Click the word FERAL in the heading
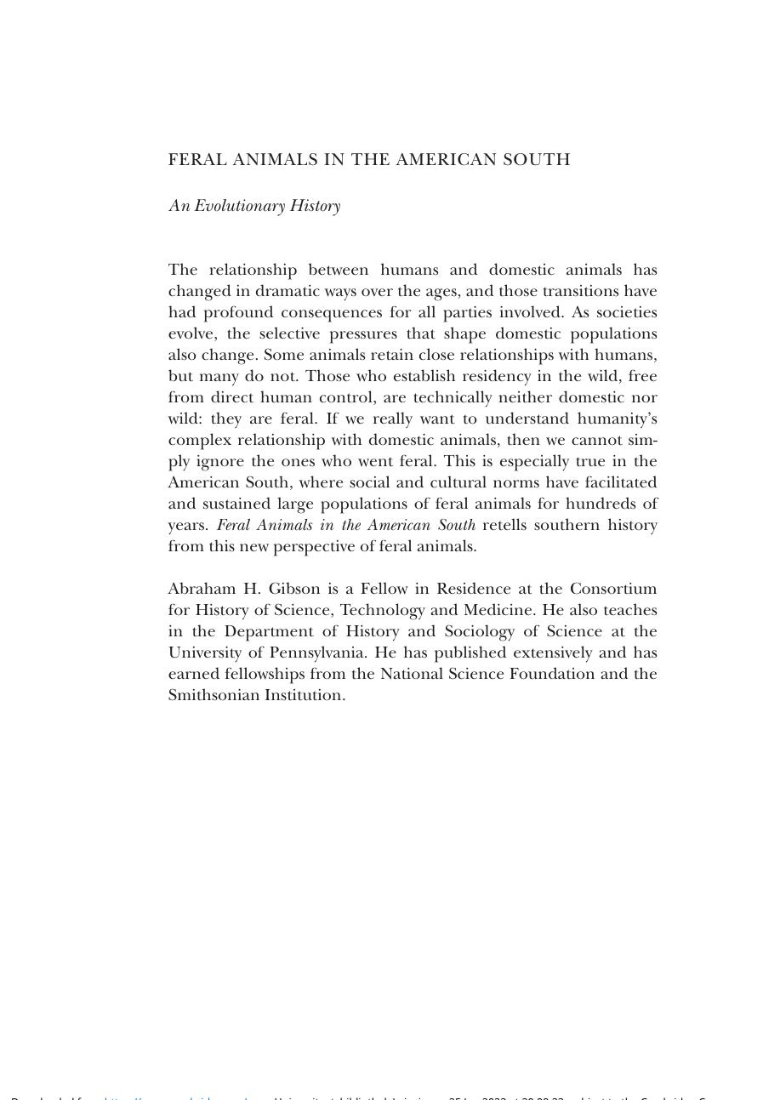coord(197,160)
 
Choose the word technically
coord(453,397)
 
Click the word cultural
coord(460,482)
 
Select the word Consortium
coord(613,589)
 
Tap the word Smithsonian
coord(214,695)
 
